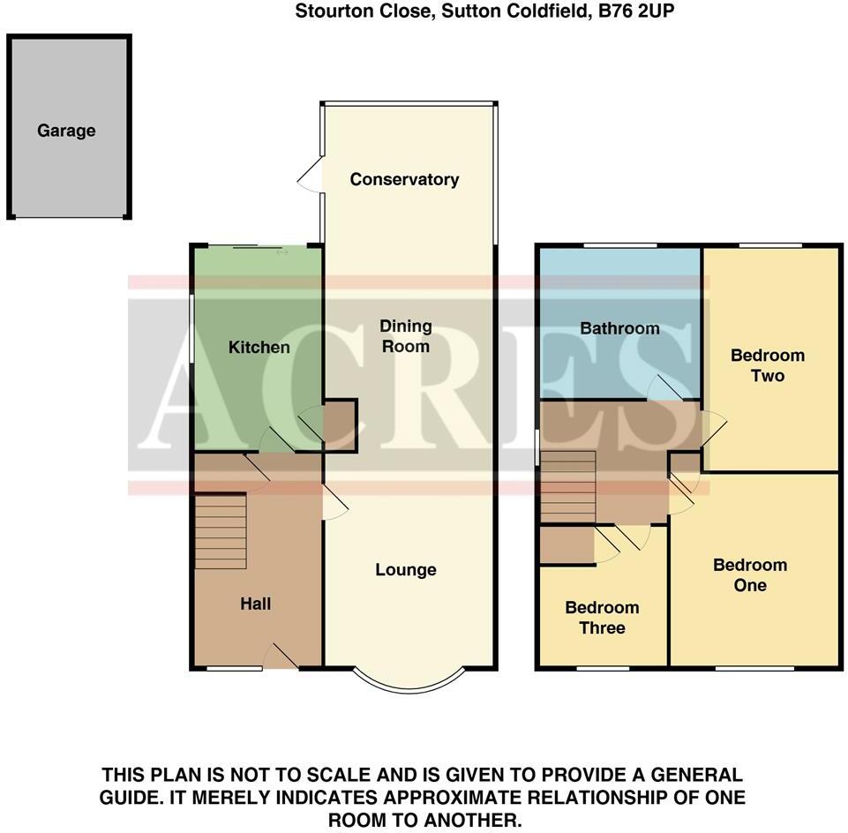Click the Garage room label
point(66,131)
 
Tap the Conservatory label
point(404,179)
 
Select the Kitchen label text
point(259,347)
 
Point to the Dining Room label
point(405,335)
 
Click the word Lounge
point(406,570)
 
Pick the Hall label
point(256,604)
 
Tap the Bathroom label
point(619,328)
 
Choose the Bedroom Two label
point(768,365)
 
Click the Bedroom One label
point(750,575)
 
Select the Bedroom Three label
point(602,618)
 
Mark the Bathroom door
point(664,388)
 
